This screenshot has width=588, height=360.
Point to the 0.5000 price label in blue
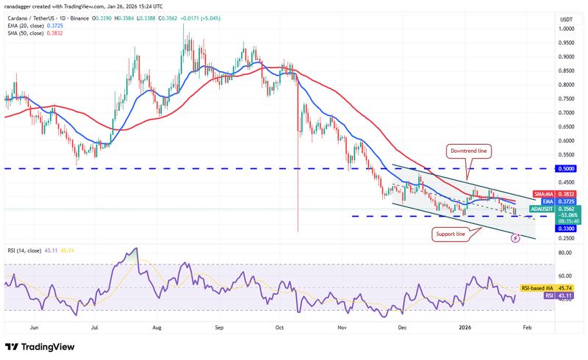tap(565, 169)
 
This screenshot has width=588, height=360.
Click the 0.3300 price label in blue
tap(565, 228)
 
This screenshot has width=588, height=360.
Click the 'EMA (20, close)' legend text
tap(26, 25)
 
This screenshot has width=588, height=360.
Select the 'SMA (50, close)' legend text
tap(26, 33)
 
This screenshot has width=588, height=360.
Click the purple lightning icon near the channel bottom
tap(517, 237)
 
